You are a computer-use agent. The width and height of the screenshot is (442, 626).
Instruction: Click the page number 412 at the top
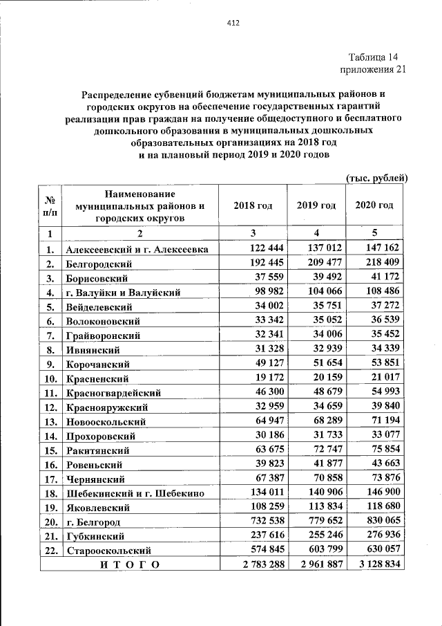(233, 23)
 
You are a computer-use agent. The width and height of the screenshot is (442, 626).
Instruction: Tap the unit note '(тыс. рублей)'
(376, 178)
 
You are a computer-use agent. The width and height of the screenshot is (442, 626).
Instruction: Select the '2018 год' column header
(253, 205)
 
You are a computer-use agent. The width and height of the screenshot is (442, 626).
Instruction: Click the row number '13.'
(50, 421)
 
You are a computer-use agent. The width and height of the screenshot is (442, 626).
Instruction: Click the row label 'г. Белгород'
(93, 522)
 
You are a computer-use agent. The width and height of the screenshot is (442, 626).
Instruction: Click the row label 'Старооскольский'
(109, 551)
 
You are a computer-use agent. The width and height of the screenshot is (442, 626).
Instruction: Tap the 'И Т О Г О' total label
(129, 564)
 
